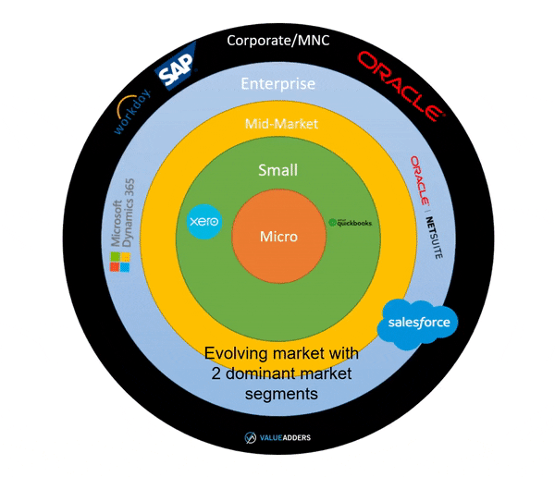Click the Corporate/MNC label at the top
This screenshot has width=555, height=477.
(278, 40)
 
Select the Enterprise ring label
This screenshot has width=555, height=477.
(278, 84)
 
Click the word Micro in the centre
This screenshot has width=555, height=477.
(278, 237)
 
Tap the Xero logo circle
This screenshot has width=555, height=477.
(203, 223)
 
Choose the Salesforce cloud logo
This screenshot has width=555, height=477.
(419, 324)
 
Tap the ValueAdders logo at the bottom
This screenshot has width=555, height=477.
(277, 438)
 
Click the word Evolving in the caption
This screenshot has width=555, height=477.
(233, 354)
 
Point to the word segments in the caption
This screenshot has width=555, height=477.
(278, 393)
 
